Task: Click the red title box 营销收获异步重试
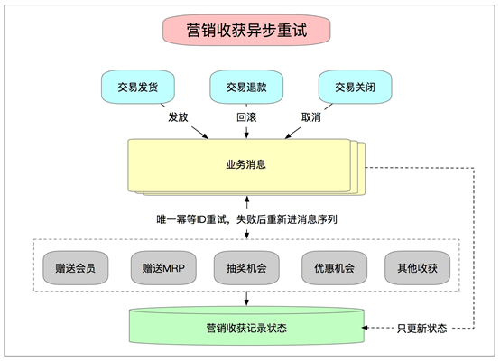pyautogui.click(x=247, y=31)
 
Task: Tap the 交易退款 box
pyautogui.click(x=246, y=87)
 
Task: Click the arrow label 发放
pyautogui.click(x=177, y=118)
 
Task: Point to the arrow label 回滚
pyautogui.click(x=246, y=118)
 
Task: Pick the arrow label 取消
pyautogui.click(x=310, y=118)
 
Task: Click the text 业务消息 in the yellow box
pyautogui.click(x=245, y=165)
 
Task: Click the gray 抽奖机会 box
pyautogui.click(x=246, y=268)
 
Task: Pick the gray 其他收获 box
pyautogui.click(x=416, y=268)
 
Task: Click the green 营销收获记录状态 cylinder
pyautogui.click(x=246, y=326)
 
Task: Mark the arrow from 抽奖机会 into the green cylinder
pyautogui.click(x=246, y=297)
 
